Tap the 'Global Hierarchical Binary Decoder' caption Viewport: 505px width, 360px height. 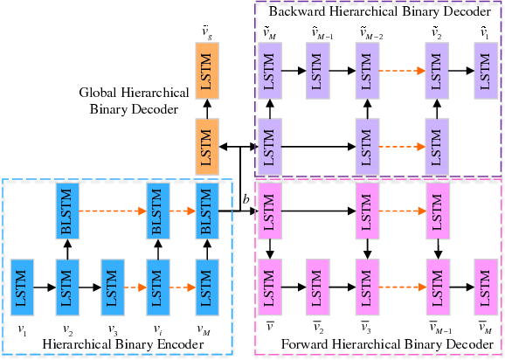[x=129, y=100]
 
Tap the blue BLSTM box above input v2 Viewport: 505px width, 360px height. [x=68, y=211]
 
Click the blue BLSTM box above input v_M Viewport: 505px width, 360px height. [x=205, y=211]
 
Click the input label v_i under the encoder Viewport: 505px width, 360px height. [x=159, y=329]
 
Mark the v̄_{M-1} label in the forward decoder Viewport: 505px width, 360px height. [x=439, y=330]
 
